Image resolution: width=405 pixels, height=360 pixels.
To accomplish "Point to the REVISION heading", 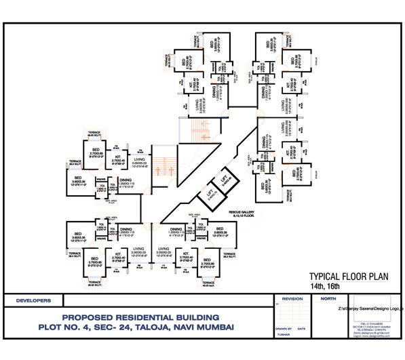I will (x=292, y=298).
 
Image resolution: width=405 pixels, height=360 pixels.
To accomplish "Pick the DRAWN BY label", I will (x=284, y=328).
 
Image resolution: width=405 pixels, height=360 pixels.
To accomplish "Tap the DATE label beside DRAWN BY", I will (x=301, y=328).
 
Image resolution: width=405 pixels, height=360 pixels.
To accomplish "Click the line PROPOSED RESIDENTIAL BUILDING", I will (x=141, y=317).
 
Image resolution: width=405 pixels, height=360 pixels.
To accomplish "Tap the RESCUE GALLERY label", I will (x=241, y=212).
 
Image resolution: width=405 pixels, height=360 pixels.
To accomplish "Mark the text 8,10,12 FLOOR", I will (x=241, y=216).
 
